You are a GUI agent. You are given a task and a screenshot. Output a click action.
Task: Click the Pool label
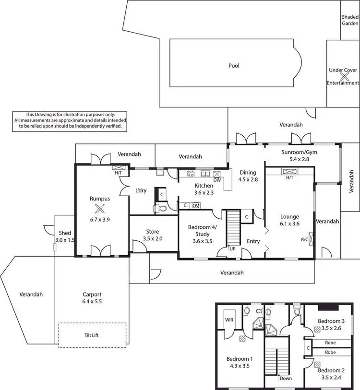coord(234,66)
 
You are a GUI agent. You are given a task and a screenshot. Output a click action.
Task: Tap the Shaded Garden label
coord(350,20)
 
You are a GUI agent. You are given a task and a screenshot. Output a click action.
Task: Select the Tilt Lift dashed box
coord(93,335)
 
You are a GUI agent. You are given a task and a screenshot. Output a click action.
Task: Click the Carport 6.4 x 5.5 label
coord(92,298)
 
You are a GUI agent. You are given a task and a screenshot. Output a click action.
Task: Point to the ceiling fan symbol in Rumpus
coord(100,208)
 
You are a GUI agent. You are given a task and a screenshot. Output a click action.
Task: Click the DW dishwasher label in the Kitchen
coord(217,180)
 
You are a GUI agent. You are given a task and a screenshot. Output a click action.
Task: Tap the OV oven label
coord(195,205)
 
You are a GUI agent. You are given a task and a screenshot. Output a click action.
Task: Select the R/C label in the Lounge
coord(305,238)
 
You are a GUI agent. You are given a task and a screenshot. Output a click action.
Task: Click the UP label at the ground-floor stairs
coord(232,249)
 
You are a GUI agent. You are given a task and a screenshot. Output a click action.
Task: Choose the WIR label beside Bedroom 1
coord(228,318)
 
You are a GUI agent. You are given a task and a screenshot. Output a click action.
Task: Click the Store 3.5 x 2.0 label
coord(152,235)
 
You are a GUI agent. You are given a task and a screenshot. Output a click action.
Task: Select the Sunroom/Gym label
coord(299,153)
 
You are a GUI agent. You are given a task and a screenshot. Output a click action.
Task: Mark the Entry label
coord(253,241)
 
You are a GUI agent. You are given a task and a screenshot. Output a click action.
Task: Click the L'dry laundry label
coord(141,190)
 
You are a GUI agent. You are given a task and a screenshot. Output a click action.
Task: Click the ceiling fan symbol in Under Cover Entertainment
coord(343,76)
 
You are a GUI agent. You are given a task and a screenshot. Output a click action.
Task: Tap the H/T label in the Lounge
coord(289,177)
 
